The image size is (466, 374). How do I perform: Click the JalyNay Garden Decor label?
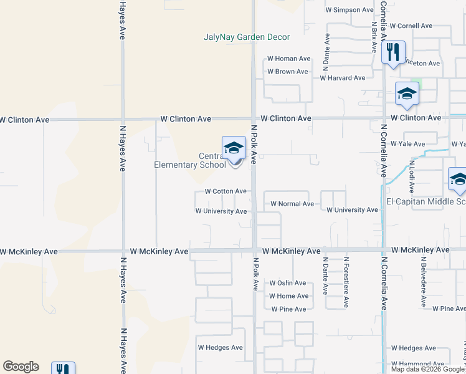[247, 37]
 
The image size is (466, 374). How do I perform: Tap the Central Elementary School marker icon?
[234, 148]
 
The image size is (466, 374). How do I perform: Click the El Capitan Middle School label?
[426, 201]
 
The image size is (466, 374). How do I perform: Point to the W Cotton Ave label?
[226, 191]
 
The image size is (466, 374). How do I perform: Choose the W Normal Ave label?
[292, 204]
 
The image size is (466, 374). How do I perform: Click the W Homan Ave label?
[288, 59]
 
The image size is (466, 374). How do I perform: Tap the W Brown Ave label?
[287, 72]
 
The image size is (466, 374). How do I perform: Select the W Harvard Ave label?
[342, 78]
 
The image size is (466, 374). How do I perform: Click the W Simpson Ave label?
[349, 10]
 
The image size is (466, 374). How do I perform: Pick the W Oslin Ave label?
[288, 283]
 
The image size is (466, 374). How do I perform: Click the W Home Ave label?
[288, 296]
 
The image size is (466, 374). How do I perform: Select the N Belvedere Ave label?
[423, 282]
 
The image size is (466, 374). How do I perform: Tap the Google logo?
[21, 367]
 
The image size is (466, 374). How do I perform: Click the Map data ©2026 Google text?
[427, 369]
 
